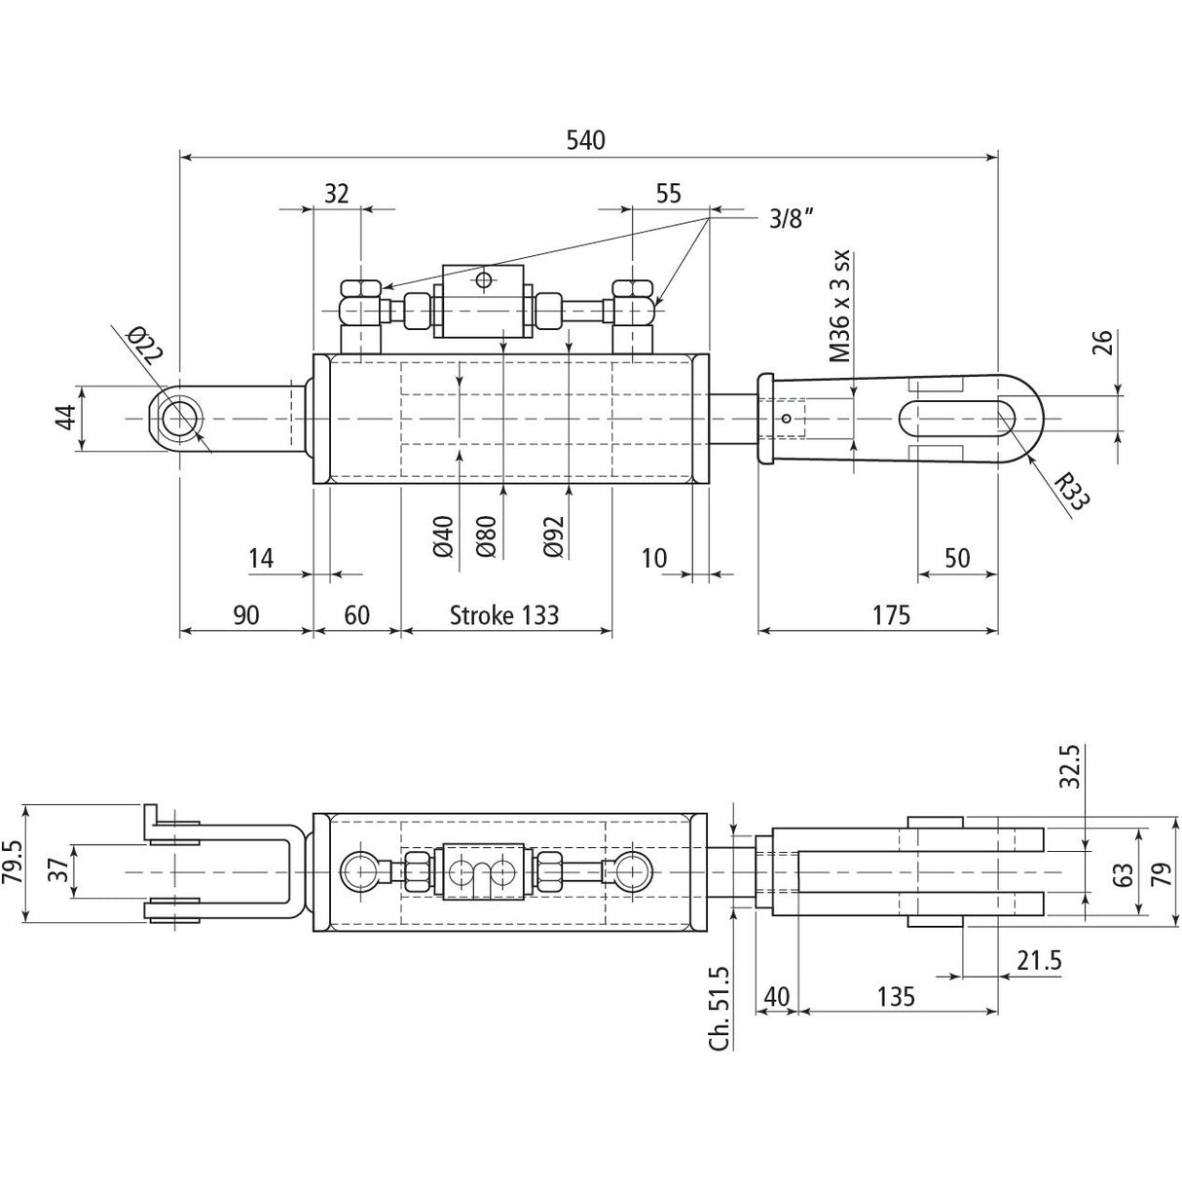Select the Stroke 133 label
(x=504, y=614)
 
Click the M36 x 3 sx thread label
(x=841, y=306)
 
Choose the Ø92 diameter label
(x=554, y=535)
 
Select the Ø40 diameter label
(x=444, y=535)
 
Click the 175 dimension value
(x=890, y=614)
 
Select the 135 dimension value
(x=895, y=996)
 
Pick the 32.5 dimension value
(x=1070, y=766)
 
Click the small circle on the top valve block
(x=483, y=280)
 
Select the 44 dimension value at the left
(x=64, y=419)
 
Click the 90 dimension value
(x=245, y=614)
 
